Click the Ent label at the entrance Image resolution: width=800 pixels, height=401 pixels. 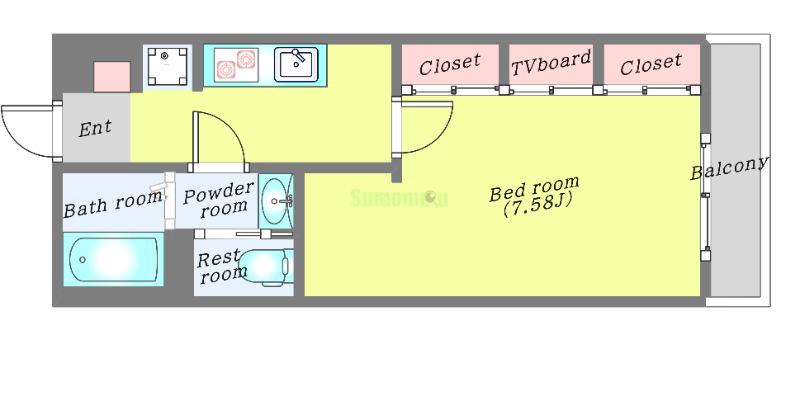coord(95,128)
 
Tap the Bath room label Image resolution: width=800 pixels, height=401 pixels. coord(112,204)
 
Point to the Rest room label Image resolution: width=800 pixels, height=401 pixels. coord(219,267)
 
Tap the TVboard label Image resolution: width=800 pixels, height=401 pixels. coord(551,65)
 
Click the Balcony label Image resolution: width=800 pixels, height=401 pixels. coord(729,168)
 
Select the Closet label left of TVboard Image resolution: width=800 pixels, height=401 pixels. coord(450,66)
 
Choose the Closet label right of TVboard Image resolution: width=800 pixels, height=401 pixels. coord(650,66)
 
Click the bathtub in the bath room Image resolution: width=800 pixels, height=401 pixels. coord(112,261)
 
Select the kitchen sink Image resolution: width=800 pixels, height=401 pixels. coord(296,64)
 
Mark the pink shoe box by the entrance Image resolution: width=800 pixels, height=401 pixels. coord(112,77)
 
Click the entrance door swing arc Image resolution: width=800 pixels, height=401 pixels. coord(25,131)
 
